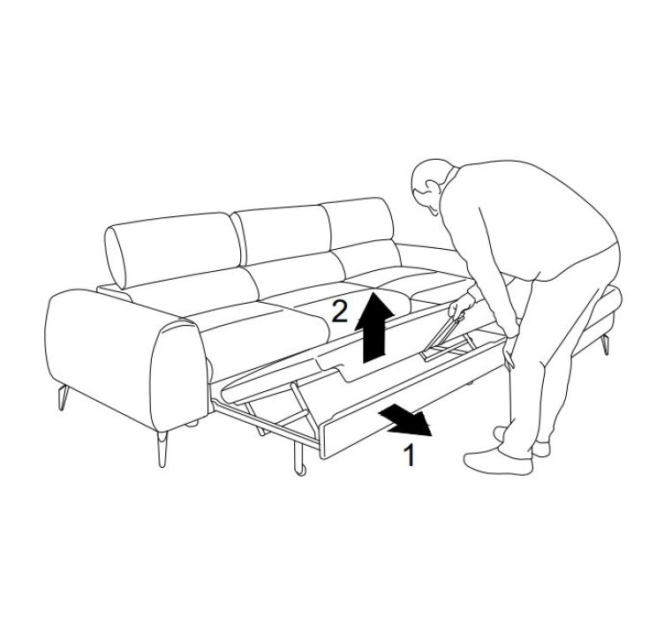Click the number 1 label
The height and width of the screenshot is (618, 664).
[x=409, y=455]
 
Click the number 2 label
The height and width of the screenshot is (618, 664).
[x=340, y=311]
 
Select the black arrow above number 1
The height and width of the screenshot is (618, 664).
[x=407, y=420]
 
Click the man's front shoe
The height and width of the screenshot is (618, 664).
[x=498, y=463]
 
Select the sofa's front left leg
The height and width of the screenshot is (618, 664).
[x=162, y=449]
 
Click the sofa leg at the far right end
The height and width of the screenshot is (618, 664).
[x=606, y=344]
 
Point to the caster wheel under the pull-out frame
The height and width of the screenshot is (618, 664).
[x=301, y=470]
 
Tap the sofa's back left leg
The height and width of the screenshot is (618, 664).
[x=63, y=398]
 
